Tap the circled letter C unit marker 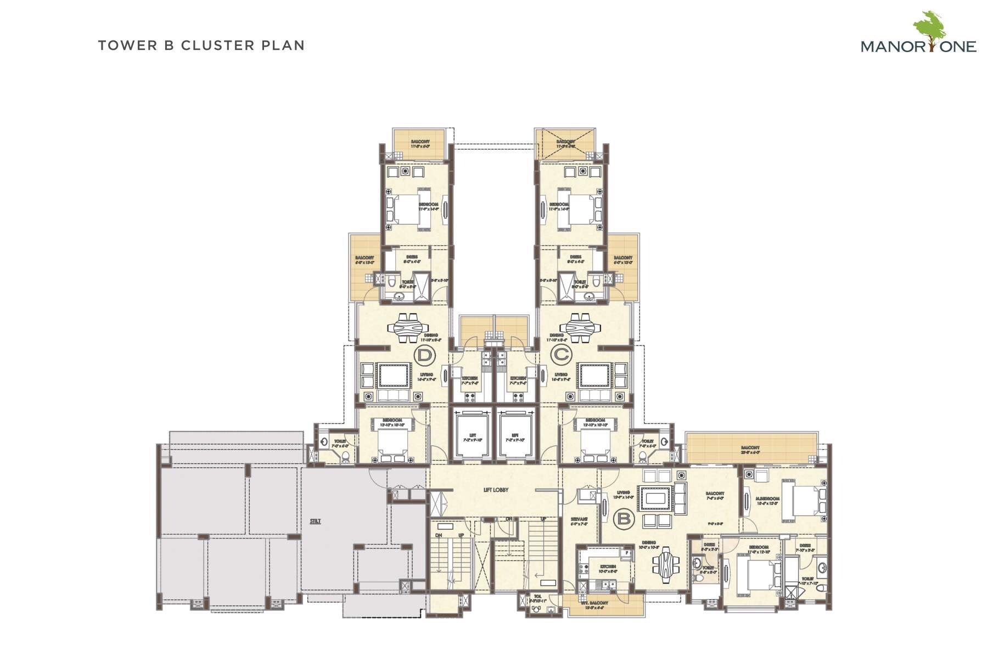pyautogui.click(x=561, y=355)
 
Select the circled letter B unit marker pyautogui.click(x=623, y=517)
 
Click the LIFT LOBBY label pyautogui.click(x=496, y=490)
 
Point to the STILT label pyautogui.click(x=315, y=521)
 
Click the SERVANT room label pyautogui.click(x=579, y=519)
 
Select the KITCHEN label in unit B pyautogui.click(x=608, y=566)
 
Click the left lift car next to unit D pyautogui.click(x=472, y=433)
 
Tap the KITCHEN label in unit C pyautogui.click(x=518, y=378)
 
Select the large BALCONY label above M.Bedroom pyautogui.click(x=750, y=448)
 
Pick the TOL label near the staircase pyautogui.click(x=537, y=597)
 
